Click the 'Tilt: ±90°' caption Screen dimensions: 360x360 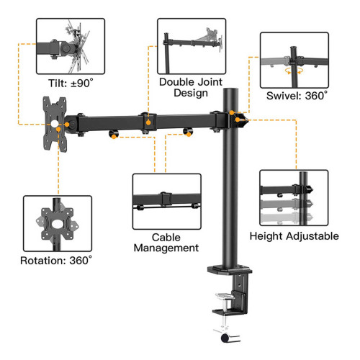(71, 84)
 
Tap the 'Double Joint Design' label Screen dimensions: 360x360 (191, 87)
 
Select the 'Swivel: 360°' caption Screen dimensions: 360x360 (297, 96)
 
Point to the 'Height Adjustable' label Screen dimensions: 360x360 (294, 236)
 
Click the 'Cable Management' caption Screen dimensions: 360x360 (166, 243)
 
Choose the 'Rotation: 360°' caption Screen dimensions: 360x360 (56, 261)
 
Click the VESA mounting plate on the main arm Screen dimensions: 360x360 (55, 124)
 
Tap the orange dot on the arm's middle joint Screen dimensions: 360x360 (148, 122)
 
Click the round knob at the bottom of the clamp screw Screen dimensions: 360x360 (225, 338)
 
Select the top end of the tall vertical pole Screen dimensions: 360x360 (230, 90)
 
